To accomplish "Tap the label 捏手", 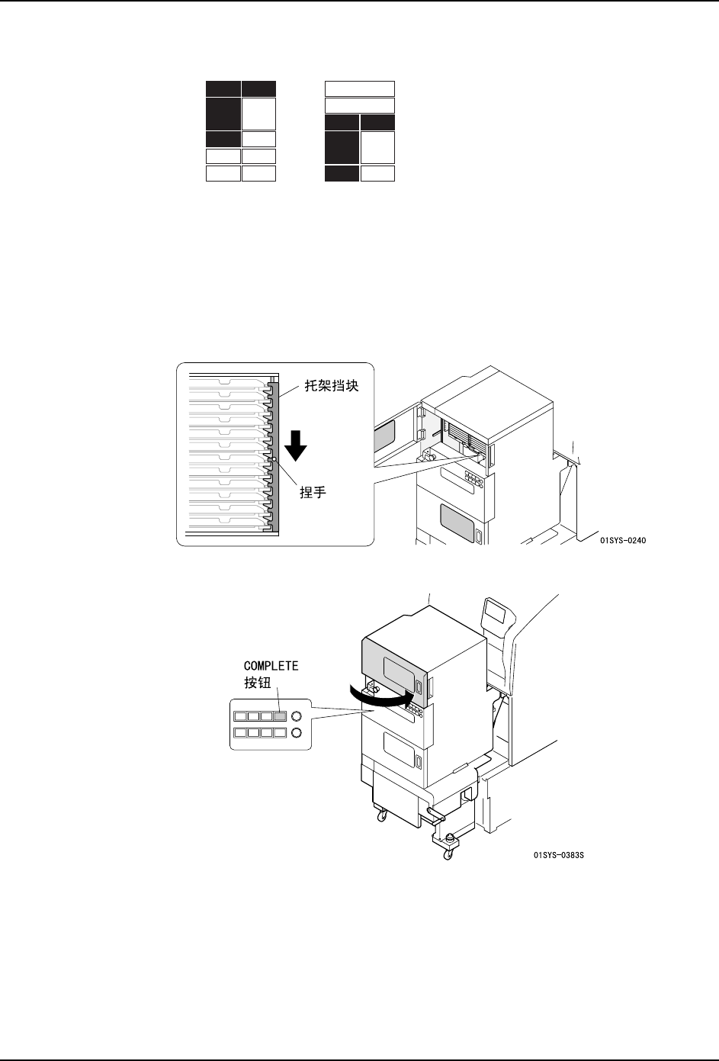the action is [313, 493].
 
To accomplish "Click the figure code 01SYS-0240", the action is [628, 541].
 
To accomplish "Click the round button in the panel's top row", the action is [297, 716].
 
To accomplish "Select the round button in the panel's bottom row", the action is [297, 732].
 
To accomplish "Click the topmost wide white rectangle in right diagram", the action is [360, 88].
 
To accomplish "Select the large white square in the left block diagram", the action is [258, 114].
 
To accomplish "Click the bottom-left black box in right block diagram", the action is [342, 173].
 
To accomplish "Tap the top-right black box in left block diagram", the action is [258, 88].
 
